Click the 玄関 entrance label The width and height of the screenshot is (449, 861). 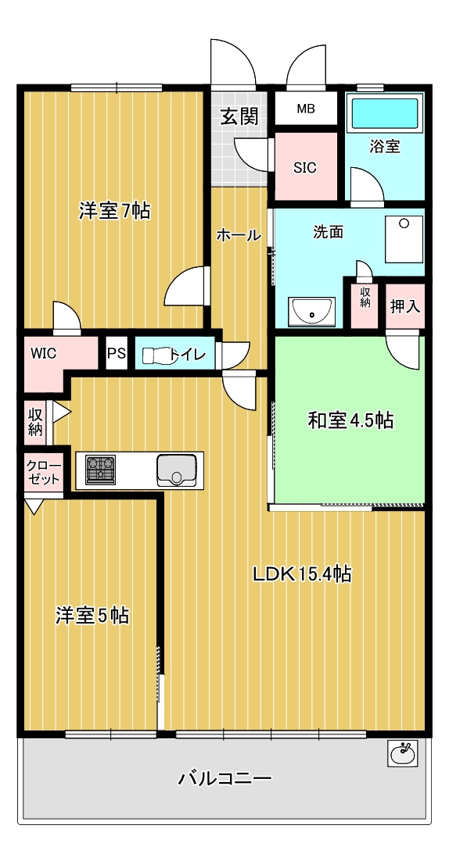click(x=239, y=116)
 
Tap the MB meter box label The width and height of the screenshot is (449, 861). click(x=306, y=109)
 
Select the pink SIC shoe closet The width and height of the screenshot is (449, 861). click(x=306, y=166)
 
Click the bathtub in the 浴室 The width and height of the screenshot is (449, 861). click(x=386, y=113)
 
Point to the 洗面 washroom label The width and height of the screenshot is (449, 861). click(x=328, y=232)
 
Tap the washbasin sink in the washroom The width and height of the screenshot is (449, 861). click(x=312, y=312)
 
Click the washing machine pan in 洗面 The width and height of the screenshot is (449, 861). click(x=404, y=239)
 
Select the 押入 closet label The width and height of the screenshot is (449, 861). click(x=405, y=306)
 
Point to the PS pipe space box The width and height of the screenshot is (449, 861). click(x=116, y=353)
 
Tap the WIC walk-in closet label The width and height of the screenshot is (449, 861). click(x=43, y=353)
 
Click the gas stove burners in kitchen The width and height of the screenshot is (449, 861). click(x=101, y=470)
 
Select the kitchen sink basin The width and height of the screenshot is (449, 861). click(x=177, y=470)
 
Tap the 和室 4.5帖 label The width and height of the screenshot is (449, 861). click(x=350, y=420)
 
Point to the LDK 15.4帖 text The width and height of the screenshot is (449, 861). click(x=302, y=574)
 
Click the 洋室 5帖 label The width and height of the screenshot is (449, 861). click(x=92, y=615)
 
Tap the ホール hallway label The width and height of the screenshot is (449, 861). click(x=239, y=236)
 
